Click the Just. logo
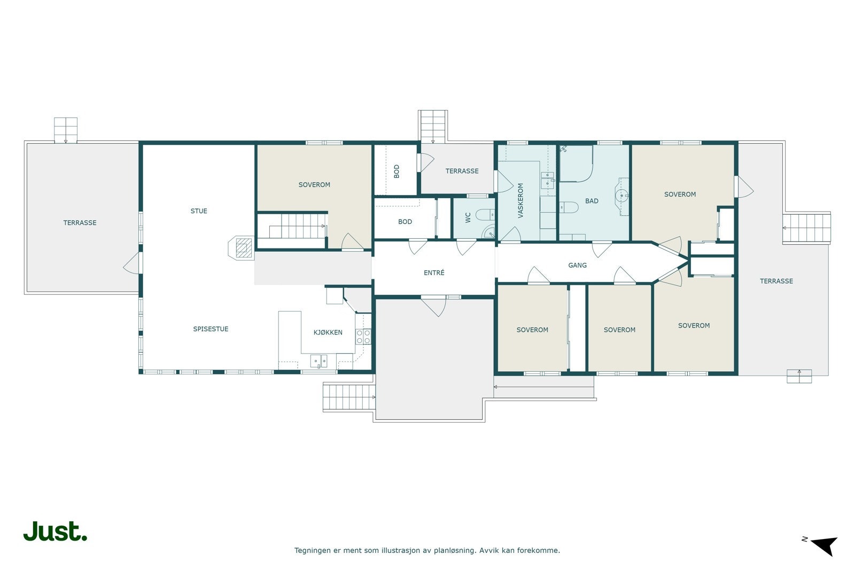(55, 531)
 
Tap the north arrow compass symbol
(821, 546)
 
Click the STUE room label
(199, 211)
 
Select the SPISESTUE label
(211, 329)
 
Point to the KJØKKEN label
(328, 332)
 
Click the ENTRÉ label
(434, 272)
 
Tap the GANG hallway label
(578, 265)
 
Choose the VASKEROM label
(520, 201)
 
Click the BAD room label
(592, 201)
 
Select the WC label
(468, 217)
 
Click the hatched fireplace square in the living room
(244, 248)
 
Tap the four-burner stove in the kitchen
(363, 337)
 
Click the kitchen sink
(318, 361)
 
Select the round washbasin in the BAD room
(622, 196)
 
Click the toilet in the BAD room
(569, 207)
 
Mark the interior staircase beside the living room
(292, 227)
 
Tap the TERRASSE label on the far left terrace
(80, 223)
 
